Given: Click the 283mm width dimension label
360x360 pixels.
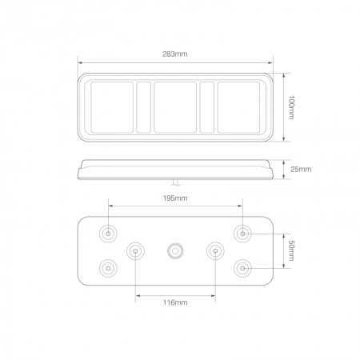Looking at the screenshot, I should coord(175,54).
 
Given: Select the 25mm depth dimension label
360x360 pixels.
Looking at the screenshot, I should coord(301,169).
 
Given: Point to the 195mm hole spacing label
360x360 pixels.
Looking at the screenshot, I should coord(175,197).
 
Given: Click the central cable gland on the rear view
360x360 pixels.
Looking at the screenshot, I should coord(175,251).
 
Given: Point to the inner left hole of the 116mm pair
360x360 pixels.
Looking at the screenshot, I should coord(135,251).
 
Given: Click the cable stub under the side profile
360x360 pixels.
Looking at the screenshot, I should coord(175,182).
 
